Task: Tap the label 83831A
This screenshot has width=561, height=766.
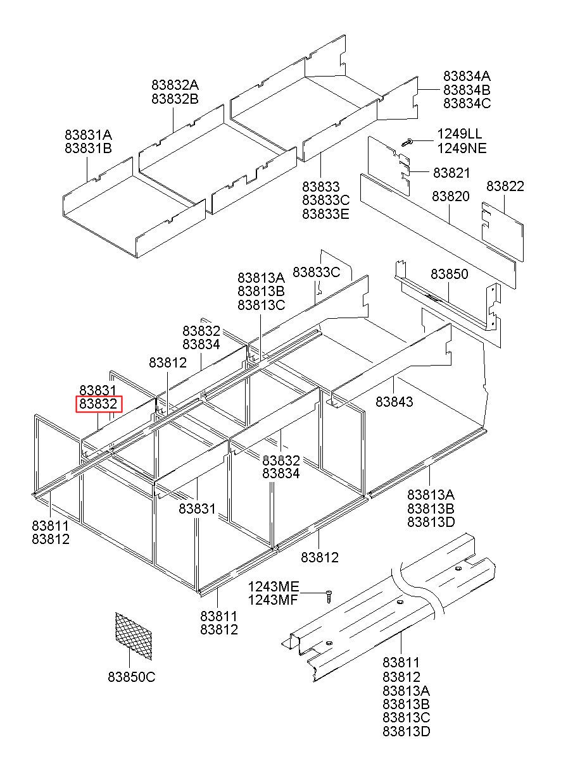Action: point(88,135)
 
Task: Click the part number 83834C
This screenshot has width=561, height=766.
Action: point(467,104)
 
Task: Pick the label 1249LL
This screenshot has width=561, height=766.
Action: point(459,135)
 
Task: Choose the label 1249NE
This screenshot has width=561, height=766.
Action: point(460,149)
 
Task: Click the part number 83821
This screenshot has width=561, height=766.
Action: point(451,173)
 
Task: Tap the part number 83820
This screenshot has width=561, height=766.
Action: point(451,196)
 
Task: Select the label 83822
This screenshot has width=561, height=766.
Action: point(505,186)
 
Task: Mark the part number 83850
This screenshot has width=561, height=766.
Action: point(449,275)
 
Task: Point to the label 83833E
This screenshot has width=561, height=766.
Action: point(325,214)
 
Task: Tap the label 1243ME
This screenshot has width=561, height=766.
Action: point(272,586)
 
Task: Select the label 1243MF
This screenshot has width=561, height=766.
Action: point(272,600)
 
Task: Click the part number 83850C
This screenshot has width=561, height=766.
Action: point(131,677)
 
